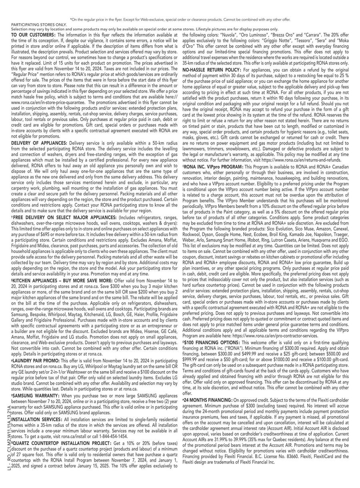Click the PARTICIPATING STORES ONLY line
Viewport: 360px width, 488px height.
[39, 25]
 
